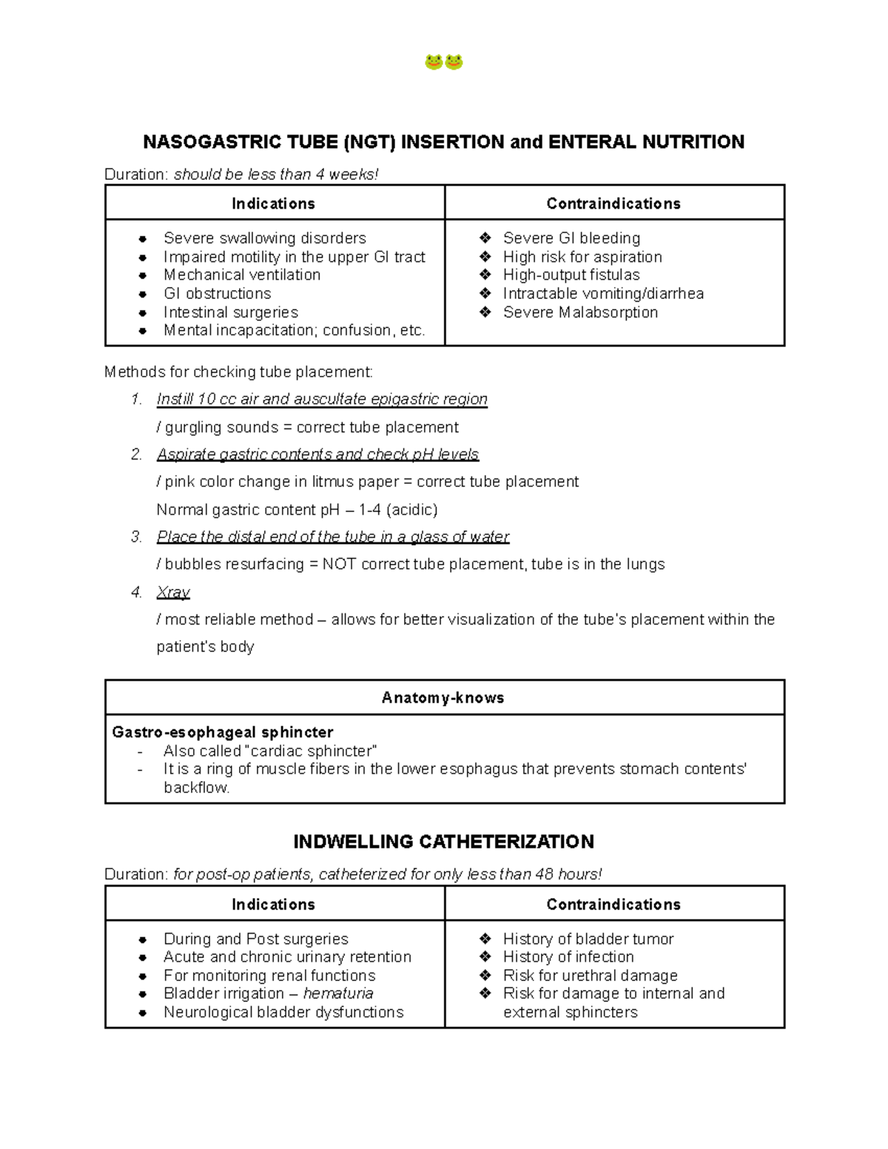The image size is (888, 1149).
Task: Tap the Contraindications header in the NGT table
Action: click(613, 203)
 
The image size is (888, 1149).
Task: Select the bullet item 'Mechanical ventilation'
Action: click(242, 275)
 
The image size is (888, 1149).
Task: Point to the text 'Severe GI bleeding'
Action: click(571, 238)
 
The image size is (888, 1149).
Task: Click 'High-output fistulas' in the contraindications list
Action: click(571, 275)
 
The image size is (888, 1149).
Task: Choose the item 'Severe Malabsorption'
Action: click(580, 312)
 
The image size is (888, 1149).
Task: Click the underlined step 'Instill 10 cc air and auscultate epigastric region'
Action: click(322, 400)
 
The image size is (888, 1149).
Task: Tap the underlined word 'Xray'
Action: click(173, 593)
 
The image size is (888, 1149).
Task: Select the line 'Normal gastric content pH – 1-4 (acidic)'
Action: click(297, 510)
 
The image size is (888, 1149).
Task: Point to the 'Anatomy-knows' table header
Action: click(443, 698)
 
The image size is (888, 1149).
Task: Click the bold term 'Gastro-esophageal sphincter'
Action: click(223, 732)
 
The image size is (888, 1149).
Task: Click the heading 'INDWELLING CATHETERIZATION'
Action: click(444, 842)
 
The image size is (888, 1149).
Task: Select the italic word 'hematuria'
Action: click(338, 994)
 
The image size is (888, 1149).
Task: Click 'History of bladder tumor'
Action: click(588, 939)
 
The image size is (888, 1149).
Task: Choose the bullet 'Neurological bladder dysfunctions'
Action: click(283, 1012)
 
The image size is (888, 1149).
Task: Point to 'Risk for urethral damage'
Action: click(591, 976)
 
